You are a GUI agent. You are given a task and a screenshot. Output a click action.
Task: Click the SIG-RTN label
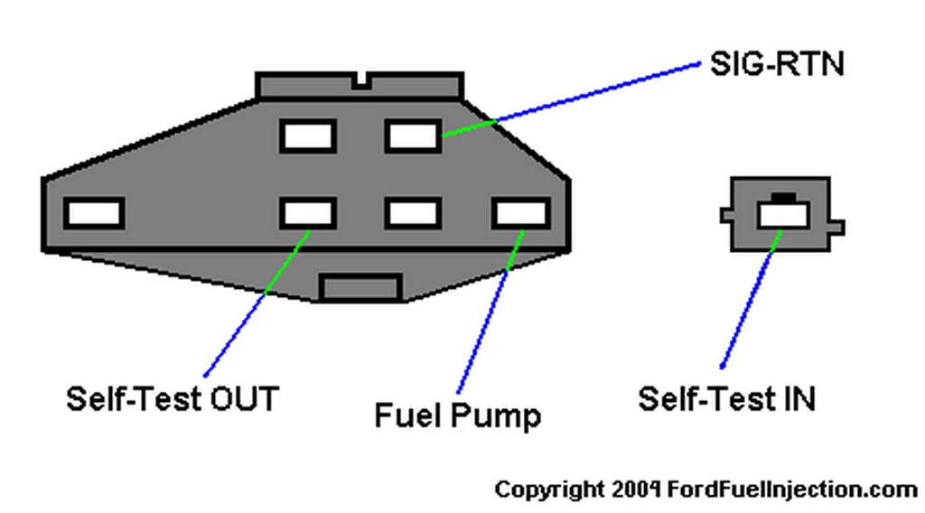(x=777, y=64)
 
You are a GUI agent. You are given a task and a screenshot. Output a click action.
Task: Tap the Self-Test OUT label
(x=173, y=399)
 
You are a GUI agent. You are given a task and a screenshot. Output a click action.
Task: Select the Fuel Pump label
(x=458, y=415)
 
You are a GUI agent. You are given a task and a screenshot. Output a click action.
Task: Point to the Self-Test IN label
(x=727, y=399)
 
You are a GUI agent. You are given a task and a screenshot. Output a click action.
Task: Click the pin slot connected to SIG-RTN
(x=413, y=136)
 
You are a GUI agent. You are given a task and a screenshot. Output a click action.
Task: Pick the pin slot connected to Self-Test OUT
(x=308, y=213)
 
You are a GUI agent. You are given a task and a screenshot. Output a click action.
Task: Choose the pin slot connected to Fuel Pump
(x=521, y=213)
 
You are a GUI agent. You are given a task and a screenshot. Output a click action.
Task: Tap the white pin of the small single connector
(x=783, y=215)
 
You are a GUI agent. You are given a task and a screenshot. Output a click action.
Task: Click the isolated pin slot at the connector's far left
(x=94, y=213)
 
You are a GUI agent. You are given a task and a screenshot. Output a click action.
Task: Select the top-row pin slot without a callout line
(x=308, y=136)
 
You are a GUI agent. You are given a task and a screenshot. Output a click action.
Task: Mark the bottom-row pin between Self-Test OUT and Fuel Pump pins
(x=413, y=213)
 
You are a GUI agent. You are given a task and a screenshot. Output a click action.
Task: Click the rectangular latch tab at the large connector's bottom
(x=360, y=288)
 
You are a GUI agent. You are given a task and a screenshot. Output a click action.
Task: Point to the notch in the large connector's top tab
(x=361, y=82)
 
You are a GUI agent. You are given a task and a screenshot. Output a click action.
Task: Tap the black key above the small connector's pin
(x=783, y=198)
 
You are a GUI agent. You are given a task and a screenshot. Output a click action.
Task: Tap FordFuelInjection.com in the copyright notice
(x=791, y=490)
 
